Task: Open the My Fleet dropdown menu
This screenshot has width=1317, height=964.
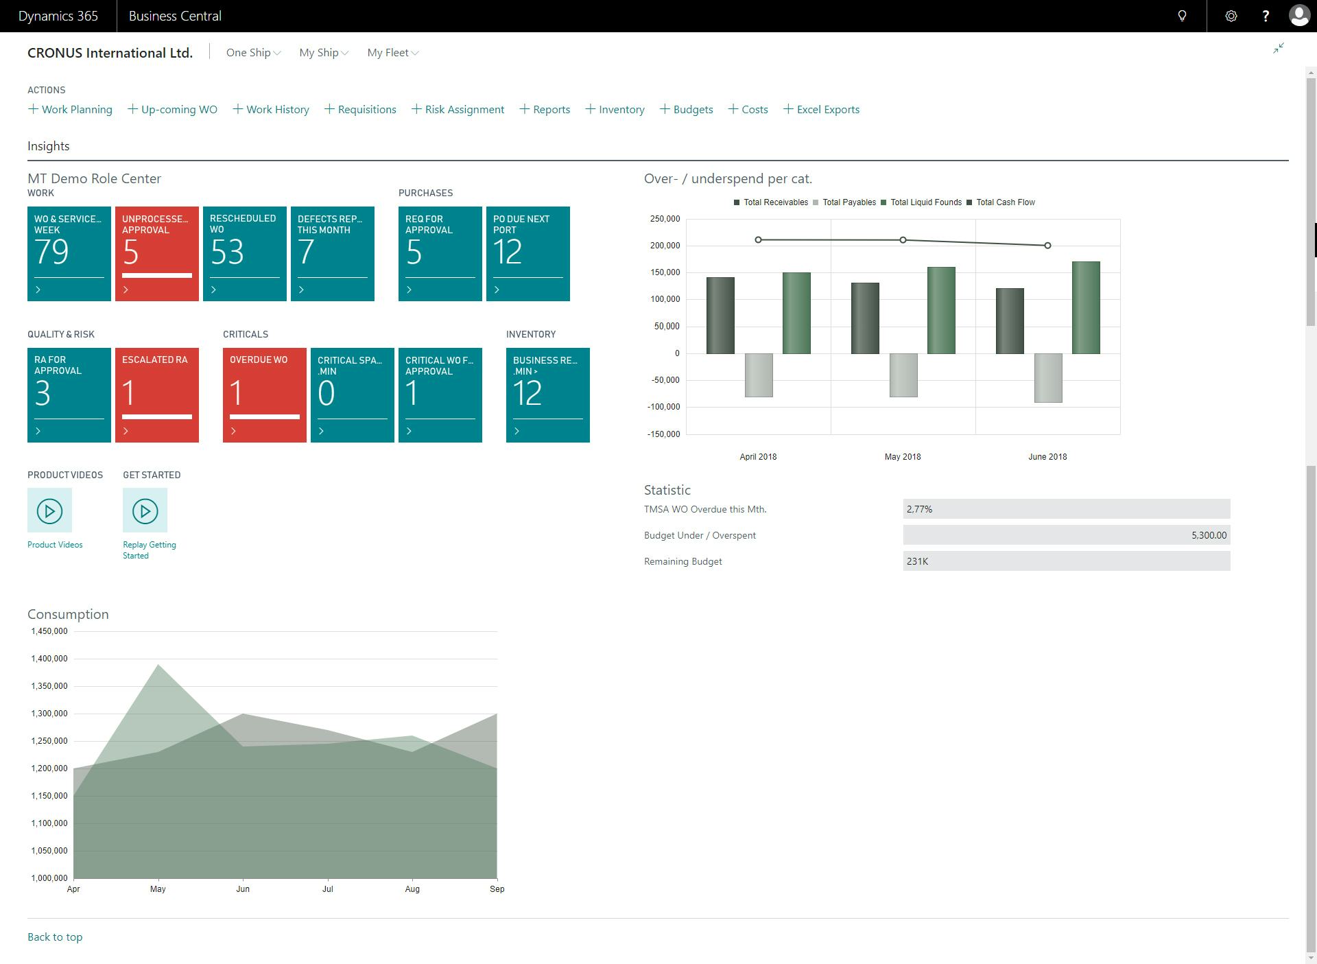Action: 392,53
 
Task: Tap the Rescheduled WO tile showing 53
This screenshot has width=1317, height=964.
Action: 244,253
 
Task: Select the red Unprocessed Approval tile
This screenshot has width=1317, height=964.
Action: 156,253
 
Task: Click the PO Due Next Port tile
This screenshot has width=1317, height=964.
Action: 527,253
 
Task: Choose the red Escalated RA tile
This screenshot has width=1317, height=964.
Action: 156,395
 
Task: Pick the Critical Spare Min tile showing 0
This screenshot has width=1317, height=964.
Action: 352,395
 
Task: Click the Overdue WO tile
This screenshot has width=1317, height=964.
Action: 264,395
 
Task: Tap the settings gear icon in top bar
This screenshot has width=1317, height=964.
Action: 1231,16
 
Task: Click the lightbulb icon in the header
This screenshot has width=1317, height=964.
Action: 1182,16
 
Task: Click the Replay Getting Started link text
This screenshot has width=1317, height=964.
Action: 149,550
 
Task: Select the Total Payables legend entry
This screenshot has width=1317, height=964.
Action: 848,202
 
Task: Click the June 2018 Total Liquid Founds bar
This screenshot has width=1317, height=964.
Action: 1085,307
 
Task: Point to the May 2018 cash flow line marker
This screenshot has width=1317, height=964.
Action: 903,240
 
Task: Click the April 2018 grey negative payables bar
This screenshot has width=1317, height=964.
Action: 758,375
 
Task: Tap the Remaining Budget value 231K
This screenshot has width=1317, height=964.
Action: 1065,561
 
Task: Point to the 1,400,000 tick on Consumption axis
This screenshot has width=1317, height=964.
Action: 49,659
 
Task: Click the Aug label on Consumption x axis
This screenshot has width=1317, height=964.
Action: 412,889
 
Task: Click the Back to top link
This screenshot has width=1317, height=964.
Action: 55,937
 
